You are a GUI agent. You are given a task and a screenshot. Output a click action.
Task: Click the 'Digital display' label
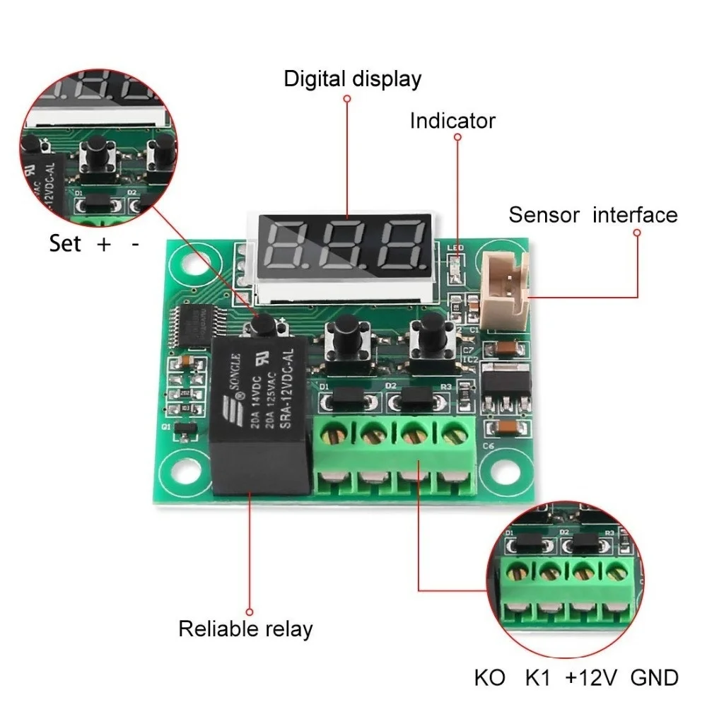[352, 78]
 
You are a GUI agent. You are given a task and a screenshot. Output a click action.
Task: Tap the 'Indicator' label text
[452, 121]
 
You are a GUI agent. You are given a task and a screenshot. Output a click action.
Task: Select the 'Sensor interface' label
[592, 214]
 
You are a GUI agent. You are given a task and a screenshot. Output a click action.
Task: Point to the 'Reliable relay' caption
[245, 628]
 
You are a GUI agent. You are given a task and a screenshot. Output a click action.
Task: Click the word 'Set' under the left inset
[66, 244]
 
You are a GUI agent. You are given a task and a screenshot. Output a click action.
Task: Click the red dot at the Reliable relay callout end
[249, 612]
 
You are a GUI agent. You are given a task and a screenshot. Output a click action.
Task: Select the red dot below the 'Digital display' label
[346, 100]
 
